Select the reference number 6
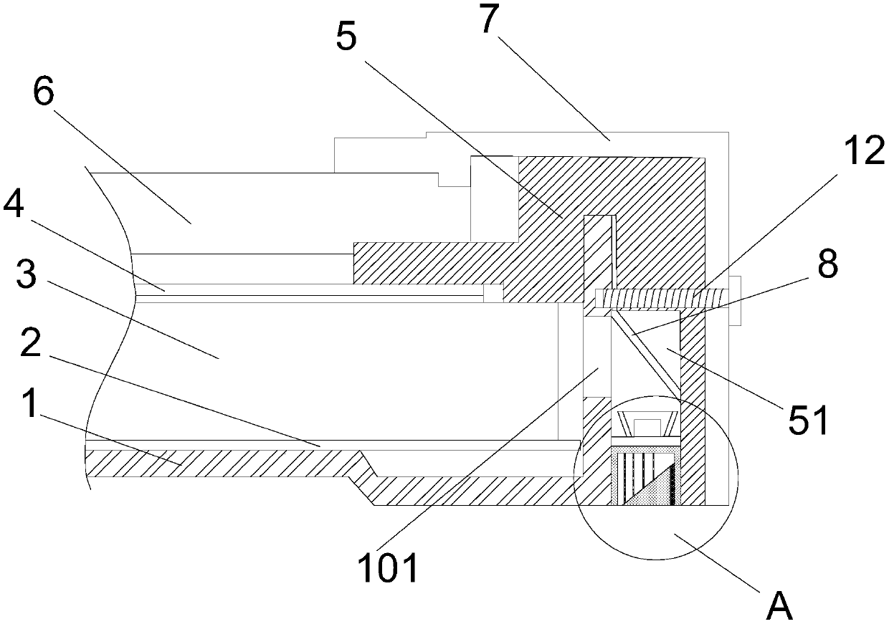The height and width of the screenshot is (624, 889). click(x=43, y=94)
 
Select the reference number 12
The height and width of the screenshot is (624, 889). click(x=864, y=152)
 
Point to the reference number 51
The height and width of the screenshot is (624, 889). click(x=809, y=419)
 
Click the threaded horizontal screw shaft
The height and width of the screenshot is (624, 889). click(x=660, y=296)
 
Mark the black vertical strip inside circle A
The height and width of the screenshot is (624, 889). click(x=672, y=483)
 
